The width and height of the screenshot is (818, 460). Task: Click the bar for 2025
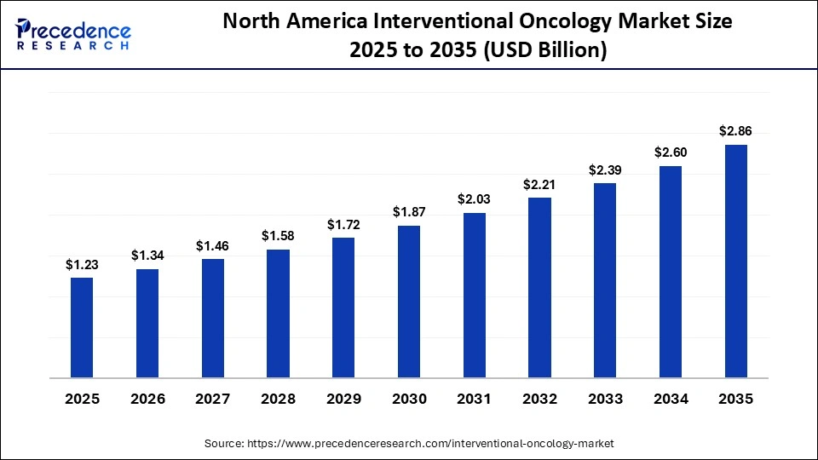(82, 327)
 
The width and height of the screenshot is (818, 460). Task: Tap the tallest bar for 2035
(735, 261)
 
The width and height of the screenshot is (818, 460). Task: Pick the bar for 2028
(278, 313)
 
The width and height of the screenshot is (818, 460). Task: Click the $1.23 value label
(82, 265)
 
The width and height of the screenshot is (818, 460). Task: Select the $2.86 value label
(735, 131)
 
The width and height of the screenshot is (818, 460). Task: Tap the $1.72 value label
(343, 225)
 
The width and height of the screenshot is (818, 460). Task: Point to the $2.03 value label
(475, 200)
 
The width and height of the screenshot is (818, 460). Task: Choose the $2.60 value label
(671, 152)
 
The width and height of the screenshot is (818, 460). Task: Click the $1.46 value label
(212, 246)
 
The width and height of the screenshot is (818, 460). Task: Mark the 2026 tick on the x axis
(147, 399)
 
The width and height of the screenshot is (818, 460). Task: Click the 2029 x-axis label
(343, 399)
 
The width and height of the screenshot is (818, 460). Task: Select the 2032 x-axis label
(539, 399)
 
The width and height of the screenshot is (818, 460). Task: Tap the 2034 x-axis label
(671, 399)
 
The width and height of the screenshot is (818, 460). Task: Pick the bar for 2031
(475, 295)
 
